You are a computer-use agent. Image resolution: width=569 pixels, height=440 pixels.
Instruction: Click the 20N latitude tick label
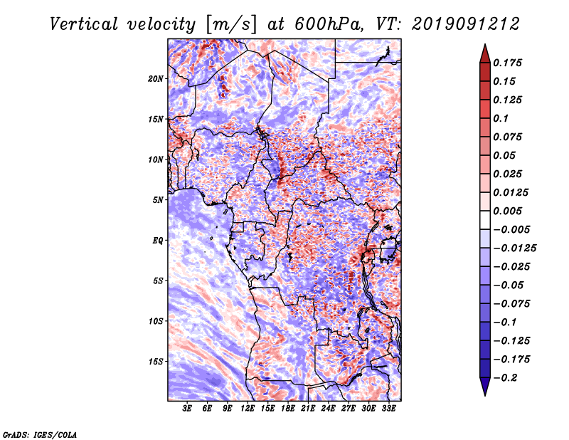(x=156, y=79)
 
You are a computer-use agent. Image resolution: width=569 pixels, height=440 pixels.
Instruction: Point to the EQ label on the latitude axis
(x=157, y=241)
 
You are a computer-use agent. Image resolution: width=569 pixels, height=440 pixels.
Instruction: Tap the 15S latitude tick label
(x=156, y=362)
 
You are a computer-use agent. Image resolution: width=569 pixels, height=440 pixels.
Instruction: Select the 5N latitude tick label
(x=158, y=200)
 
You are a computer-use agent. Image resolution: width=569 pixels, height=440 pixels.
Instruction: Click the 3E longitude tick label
(x=187, y=409)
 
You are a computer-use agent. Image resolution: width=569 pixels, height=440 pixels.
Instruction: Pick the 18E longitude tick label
(x=288, y=409)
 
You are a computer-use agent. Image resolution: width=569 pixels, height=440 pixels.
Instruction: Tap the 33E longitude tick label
(x=388, y=409)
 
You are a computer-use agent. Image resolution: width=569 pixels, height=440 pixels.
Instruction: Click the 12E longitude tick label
(x=248, y=409)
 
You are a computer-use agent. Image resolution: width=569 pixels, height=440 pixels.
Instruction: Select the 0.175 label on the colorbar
(x=507, y=63)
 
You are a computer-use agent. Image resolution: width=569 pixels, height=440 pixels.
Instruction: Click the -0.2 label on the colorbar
(x=505, y=378)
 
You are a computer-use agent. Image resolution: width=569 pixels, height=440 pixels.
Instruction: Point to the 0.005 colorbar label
(x=507, y=211)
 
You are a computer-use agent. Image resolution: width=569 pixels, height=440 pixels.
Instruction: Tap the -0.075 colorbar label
(x=511, y=304)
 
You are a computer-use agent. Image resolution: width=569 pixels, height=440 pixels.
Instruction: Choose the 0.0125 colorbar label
(x=511, y=192)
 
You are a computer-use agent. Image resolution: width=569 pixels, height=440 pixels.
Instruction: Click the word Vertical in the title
(x=83, y=24)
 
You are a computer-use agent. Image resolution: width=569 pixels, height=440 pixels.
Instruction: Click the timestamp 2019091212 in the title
(x=466, y=24)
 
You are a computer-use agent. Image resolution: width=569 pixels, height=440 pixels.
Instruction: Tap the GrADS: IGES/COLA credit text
(x=40, y=434)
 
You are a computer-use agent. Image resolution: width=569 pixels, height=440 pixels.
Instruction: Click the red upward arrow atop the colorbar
(x=485, y=54)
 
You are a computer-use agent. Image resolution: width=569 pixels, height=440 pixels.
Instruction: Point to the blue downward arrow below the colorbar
(x=485, y=387)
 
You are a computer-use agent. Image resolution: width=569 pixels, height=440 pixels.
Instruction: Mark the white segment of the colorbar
(x=485, y=220)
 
